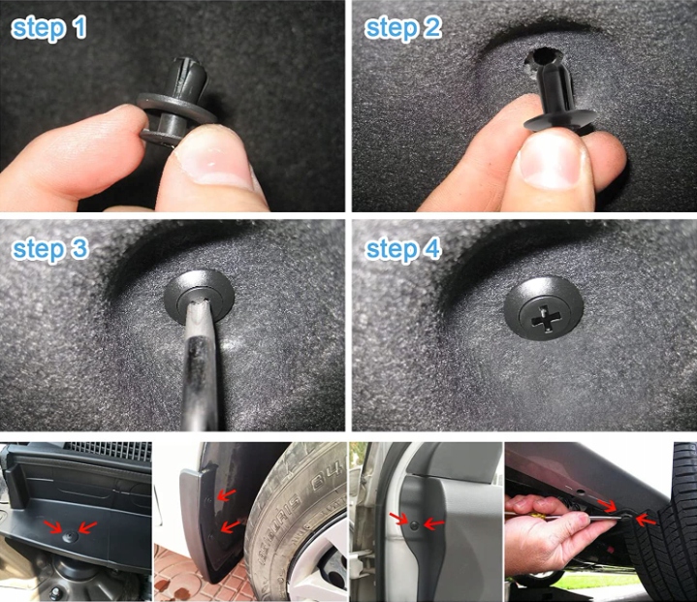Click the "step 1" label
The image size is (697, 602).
[x=48, y=29]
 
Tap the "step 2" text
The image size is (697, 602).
[x=402, y=29]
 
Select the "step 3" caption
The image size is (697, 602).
[x=50, y=250]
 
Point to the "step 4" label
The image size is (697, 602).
[x=402, y=250]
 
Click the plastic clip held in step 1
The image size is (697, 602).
[x=177, y=103]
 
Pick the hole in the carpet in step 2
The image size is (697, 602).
[x=540, y=59]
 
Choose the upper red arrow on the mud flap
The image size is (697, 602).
[x=226, y=494]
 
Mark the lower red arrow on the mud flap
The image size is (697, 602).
[x=230, y=526]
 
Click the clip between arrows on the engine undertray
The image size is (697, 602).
[x=70, y=537]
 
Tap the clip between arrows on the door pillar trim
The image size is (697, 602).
[x=415, y=525]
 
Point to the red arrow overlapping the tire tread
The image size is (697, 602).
[x=646, y=520]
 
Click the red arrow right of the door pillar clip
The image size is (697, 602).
[x=434, y=523]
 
